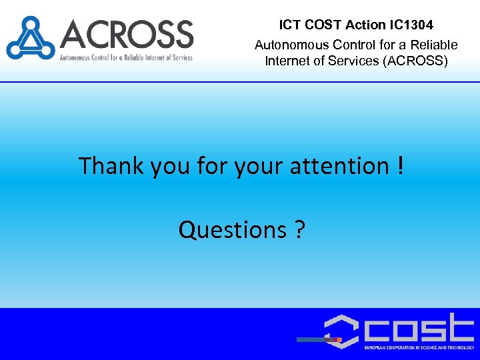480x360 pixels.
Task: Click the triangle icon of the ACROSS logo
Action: (x=29, y=39)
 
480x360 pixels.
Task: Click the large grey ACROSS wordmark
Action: (x=126, y=34)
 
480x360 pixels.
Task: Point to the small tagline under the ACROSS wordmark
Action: (x=126, y=57)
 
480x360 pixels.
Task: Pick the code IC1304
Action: (x=411, y=25)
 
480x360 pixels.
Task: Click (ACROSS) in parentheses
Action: (x=417, y=61)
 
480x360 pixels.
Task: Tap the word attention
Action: (x=337, y=165)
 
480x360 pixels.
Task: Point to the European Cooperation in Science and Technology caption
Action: (x=419, y=348)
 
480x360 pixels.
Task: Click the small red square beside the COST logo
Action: (x=339, y=339)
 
